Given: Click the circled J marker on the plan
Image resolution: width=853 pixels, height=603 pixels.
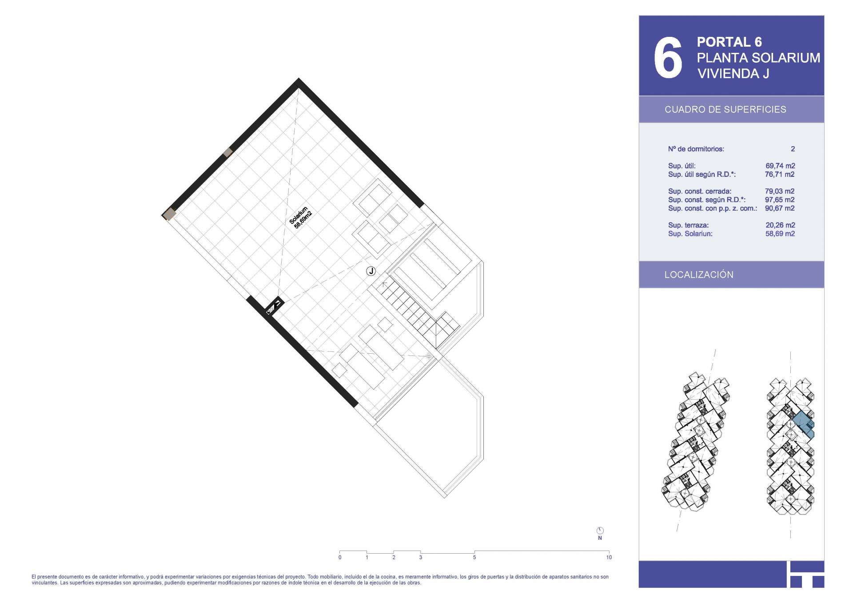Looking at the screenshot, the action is click(371, 271).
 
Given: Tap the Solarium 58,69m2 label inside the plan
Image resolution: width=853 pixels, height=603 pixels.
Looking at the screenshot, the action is click(301, 217).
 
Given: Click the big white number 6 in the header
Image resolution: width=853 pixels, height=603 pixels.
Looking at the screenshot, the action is click(668, 58).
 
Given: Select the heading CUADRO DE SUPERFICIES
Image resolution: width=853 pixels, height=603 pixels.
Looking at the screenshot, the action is click(725, 109).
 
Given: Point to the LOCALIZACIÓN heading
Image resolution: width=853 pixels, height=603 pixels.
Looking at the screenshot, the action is click(699, 275).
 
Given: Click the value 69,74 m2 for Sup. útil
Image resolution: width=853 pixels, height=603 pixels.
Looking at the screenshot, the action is click(780, 166).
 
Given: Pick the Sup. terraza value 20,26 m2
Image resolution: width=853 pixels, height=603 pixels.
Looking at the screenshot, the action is click(780, 225).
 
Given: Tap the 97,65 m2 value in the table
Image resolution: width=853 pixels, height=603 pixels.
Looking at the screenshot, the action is click(780, 200).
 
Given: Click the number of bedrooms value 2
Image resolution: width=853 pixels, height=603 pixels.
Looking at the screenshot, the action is click(793, 149).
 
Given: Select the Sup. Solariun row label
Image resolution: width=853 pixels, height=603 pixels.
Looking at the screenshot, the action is click(690, 234).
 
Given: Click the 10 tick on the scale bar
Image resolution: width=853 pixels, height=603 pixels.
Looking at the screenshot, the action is click(609, 557).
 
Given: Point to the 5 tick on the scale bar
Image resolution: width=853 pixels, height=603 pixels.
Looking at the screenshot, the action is click(474, 557).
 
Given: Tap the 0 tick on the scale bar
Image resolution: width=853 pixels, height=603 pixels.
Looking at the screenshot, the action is click(340, 557).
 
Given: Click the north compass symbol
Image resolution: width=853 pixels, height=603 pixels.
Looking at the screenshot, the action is click(600, 531).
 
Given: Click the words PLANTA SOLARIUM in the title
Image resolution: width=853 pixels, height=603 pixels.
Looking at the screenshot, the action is click(758, 58).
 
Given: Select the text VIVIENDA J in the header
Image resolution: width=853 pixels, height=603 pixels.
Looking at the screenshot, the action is click(733, 74).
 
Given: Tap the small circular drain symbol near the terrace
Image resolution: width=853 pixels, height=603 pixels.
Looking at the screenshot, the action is click(429, 356).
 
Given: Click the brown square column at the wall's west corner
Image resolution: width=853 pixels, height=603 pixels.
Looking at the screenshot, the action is click(169, 215).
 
